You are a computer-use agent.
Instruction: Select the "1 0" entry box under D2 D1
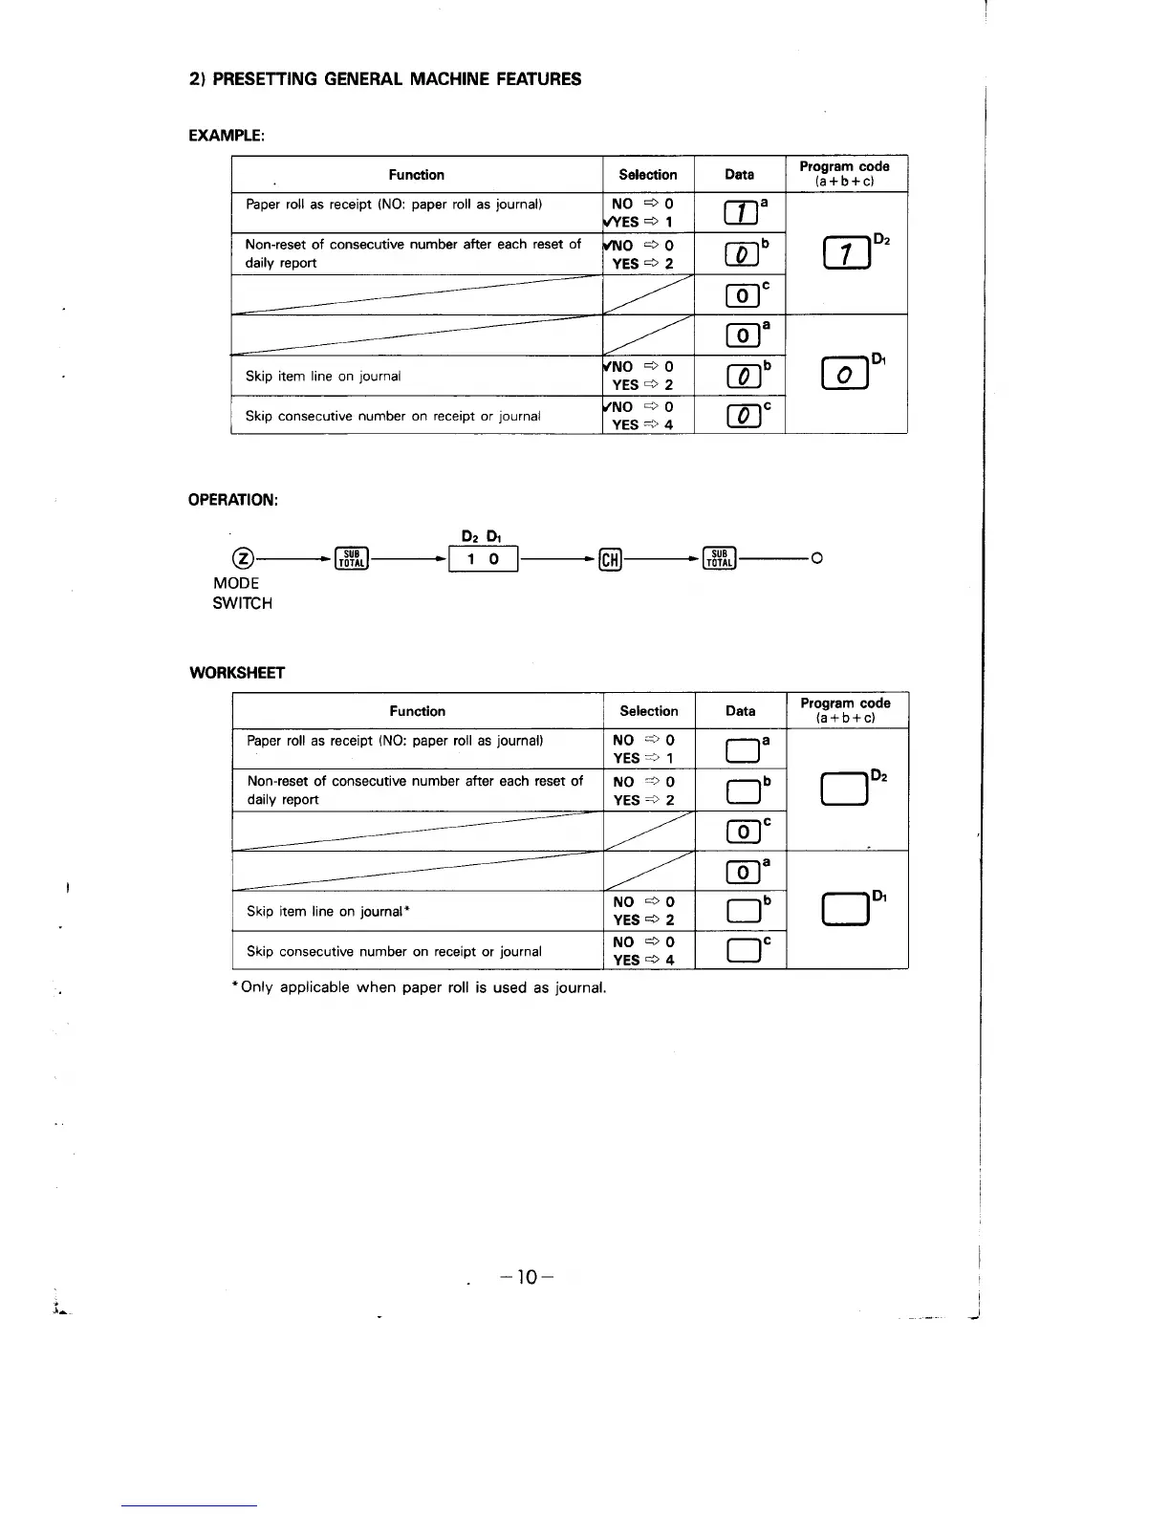coord(483,559)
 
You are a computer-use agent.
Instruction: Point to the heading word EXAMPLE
coord(227,135)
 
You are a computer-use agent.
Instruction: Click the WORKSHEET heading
coord(237,672)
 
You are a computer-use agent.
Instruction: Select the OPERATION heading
coord(233,500)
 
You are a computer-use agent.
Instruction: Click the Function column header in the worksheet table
coord(418,711)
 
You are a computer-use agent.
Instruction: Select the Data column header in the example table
coord(739,174)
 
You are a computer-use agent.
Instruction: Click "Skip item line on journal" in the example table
coord(323,376)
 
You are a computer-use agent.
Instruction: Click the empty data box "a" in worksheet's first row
coord(742,750)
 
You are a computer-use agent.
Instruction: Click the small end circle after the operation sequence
coord(816,559)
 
